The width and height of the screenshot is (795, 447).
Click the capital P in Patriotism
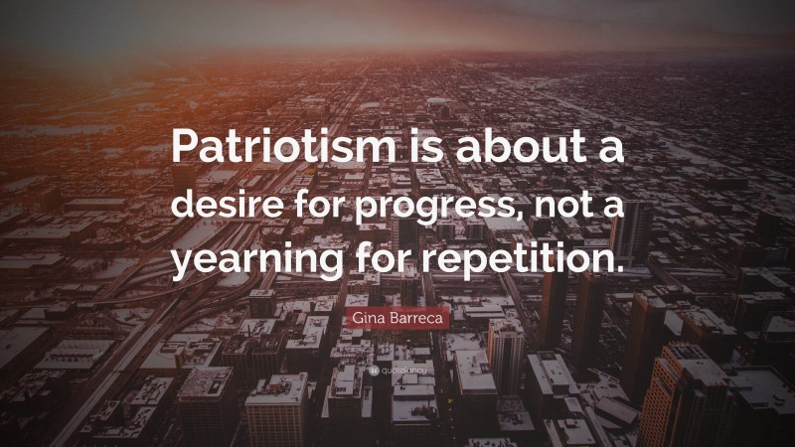click(x=184, y=149)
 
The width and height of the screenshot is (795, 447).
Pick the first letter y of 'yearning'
click(x=183, y=268)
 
